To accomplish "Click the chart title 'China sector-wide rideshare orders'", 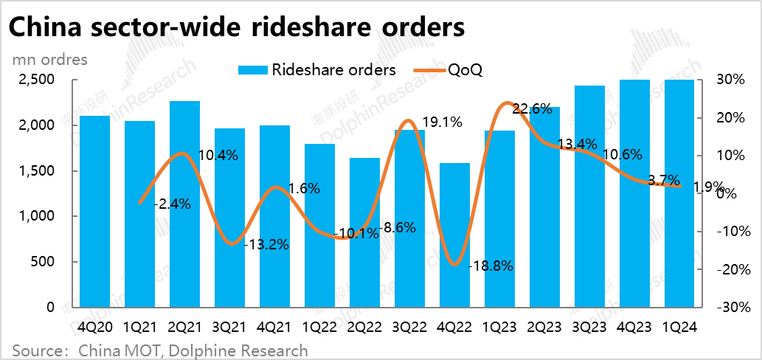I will (237, 27).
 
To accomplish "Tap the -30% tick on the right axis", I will (730, 308).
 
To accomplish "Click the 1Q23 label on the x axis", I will (500, 325).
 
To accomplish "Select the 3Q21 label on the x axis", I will (229, 325).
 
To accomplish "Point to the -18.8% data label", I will (491, 266).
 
